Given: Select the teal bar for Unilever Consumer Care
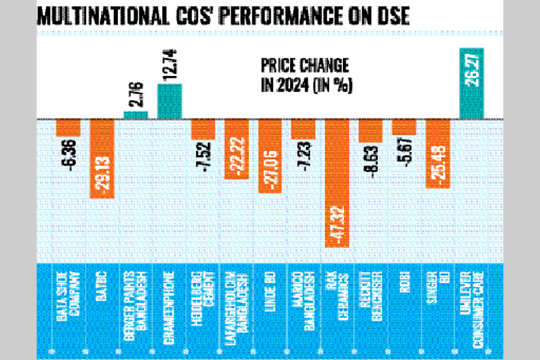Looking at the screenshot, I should (x=472, y=83).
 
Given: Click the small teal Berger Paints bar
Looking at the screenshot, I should (x=136, y=115).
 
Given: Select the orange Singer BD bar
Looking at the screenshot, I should (x=437, y=152).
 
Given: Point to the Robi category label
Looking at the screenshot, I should (x=404, y=300).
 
